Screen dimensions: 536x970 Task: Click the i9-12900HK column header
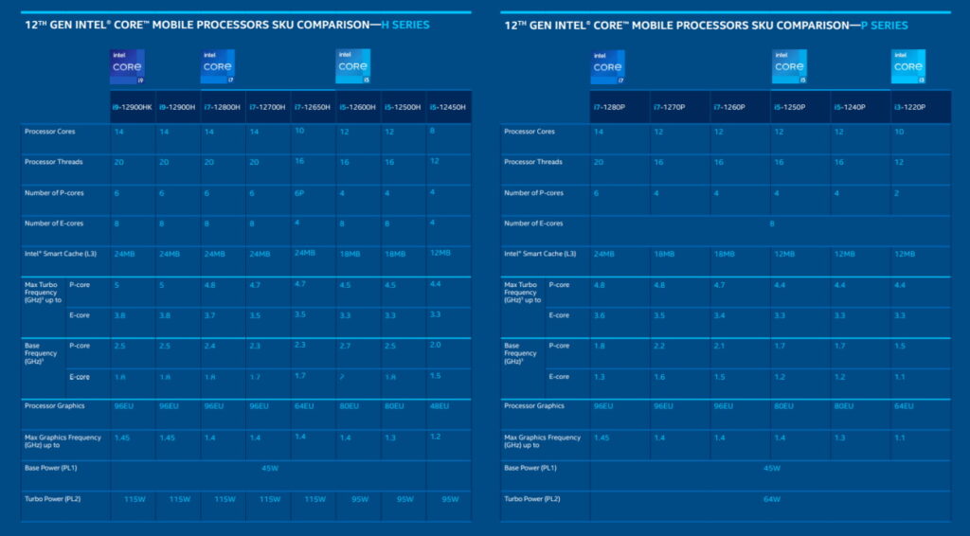134,107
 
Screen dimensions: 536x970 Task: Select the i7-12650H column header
313,107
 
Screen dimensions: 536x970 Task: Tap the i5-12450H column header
449,107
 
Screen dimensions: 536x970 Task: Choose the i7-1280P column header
609,107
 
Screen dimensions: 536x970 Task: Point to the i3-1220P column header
910,107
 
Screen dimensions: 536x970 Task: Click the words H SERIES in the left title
404,25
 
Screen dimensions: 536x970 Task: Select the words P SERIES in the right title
884,25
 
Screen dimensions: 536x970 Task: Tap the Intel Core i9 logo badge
128,67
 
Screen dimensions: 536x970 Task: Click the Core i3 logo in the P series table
907,67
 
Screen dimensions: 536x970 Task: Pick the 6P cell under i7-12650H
300,192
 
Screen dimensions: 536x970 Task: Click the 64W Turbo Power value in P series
770,498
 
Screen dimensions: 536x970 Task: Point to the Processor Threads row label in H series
53,162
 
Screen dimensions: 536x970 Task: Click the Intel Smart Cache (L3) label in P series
540,253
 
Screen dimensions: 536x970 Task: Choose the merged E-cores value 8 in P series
770,223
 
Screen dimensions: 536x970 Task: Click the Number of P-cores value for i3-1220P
896,193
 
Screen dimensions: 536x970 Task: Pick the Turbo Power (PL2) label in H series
52,498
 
